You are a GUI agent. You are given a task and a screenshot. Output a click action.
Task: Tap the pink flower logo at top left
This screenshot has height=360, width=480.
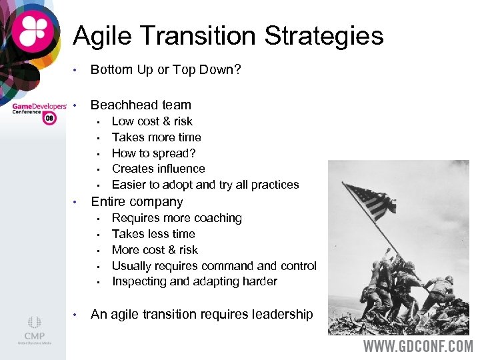32,32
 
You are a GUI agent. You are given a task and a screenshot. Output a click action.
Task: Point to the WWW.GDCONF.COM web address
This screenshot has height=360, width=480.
418,347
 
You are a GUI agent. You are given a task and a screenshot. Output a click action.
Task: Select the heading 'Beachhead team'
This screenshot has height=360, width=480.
141,105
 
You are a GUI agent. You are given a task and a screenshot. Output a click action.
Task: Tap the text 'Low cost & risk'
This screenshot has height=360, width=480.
152,121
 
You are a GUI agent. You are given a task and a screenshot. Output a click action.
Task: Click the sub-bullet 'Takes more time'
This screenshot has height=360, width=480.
156,137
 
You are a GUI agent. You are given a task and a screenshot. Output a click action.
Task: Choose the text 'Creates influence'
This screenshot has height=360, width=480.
158,169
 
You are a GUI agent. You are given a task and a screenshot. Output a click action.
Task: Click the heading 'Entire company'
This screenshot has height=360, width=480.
137,201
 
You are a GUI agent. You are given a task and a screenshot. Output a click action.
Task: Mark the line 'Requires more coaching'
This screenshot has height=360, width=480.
177,218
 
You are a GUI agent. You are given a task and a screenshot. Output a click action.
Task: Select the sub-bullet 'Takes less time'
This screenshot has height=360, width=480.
153,234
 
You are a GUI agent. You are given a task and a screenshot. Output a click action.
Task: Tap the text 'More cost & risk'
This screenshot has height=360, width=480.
155,250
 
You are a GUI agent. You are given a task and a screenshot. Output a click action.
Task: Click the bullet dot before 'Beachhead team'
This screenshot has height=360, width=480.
77,105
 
